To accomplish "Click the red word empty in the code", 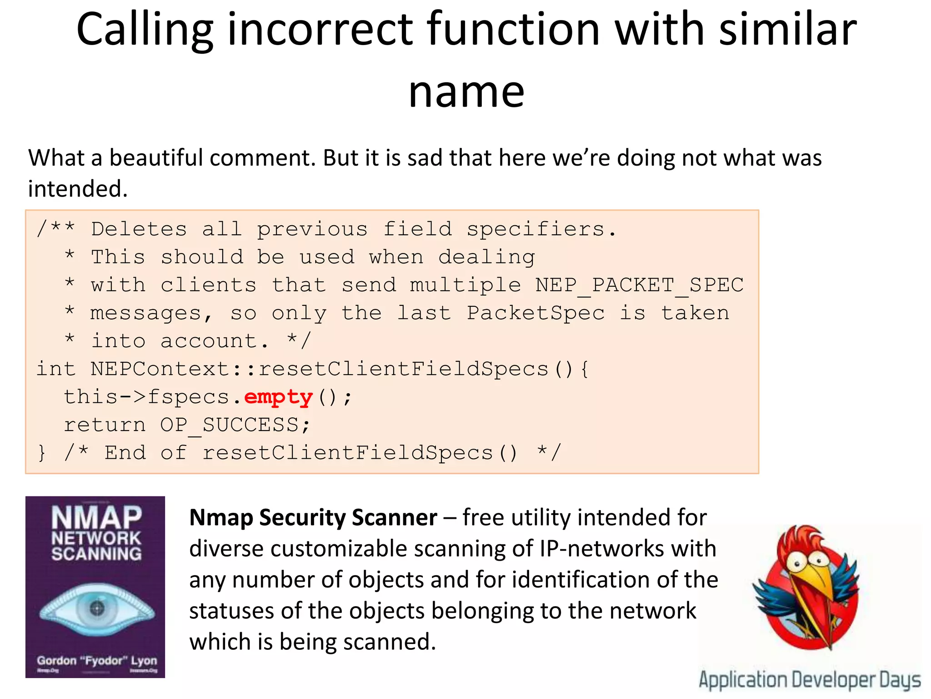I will point(278,398).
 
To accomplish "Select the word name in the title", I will point(466,92).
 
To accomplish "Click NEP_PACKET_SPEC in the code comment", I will point(639,286).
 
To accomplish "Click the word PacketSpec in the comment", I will point(536,314).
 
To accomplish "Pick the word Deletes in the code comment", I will point(139,229).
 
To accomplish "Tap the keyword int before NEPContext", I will point(55,369).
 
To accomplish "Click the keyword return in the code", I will point(105,425).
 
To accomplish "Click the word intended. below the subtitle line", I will point(78,189).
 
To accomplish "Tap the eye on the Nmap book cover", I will point(96,608).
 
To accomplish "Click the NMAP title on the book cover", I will point(96,517).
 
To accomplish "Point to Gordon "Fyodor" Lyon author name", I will point(96,661).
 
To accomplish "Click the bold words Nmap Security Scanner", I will point(313,518).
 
